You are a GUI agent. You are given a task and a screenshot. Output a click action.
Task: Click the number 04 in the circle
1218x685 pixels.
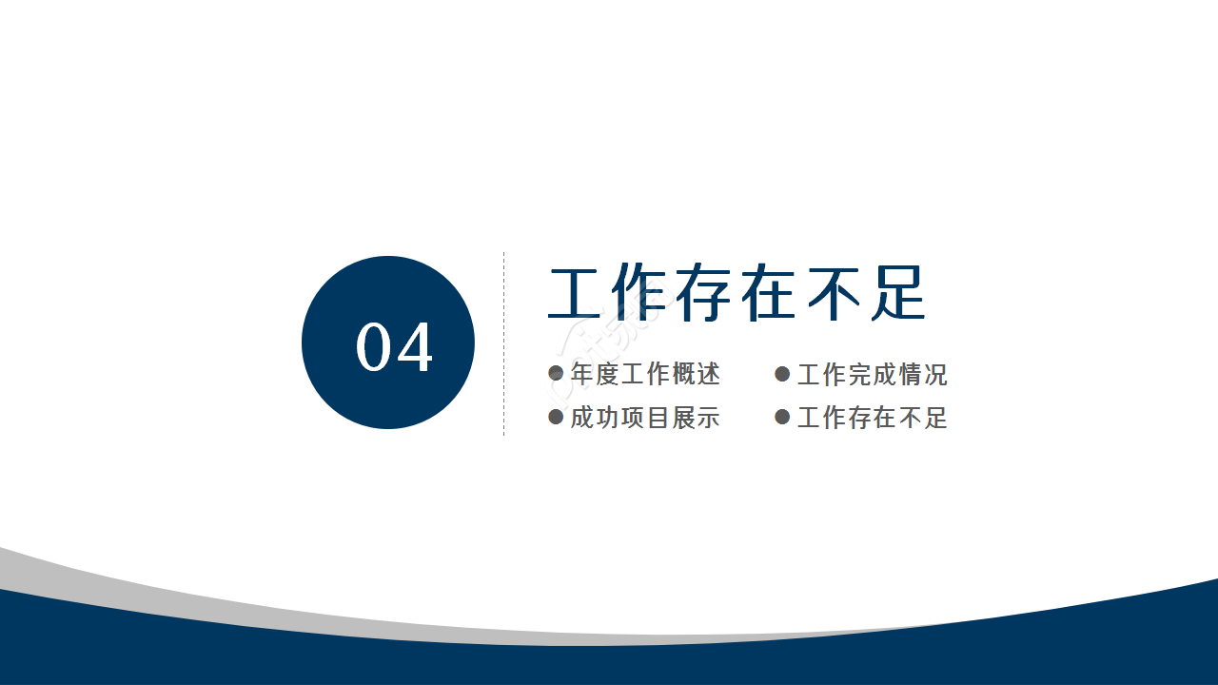pyautogui.click(x=394, y=347)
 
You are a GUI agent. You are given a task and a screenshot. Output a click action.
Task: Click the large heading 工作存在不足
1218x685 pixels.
pyautogui.click(x=737, y=294)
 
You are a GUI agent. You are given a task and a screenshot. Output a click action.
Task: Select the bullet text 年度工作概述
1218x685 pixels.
pyautogui.click(x=645, y=374)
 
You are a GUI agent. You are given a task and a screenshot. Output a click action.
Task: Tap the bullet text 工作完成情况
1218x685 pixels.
pyautogui.click(x=872, y=374)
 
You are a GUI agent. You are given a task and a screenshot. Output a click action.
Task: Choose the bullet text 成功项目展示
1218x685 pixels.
pyautogui.click(x=645, y=417)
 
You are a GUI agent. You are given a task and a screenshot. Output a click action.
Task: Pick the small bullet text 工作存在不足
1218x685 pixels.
pyautogui.click(x=872, y=417)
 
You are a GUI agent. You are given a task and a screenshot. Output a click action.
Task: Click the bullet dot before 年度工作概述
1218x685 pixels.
pyautogui.click(x=557, y=374)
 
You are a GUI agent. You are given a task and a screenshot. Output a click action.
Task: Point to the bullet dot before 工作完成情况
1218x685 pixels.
pyautogui.click(x=783, y=374)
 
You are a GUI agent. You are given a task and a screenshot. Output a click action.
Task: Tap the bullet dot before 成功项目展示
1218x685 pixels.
pyautogui.click(x=557, y=417)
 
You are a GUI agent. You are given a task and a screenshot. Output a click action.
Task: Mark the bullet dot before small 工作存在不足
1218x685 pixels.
pyautogui.click(x=783, y=417)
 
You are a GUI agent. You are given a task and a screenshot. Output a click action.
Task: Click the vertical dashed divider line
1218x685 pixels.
pyautogui.click(x=503, y=342)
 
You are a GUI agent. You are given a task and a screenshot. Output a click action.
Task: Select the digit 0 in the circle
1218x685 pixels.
pyautogui.click(x=374, y=347)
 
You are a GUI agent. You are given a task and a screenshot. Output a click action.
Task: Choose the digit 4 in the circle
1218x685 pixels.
pyautogui.click(x=415, y=347)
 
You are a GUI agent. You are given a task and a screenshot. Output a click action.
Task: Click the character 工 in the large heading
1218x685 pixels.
pyautogui.click(x=578, y=294)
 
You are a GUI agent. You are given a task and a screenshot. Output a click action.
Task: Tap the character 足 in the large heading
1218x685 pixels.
pyautogui.click(x=896, y=294)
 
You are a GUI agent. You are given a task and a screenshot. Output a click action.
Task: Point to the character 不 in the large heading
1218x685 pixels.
pyautogui.click(x=833, y=294)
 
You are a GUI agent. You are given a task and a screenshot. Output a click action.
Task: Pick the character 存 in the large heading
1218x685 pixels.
pyautogui.click(x=705, y=294)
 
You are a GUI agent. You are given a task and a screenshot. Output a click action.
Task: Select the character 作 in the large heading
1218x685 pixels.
pyautogui.click(x=641, y=294)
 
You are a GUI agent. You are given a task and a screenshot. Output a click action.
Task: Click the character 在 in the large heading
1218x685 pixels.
pyautogui.click(x=769, y=294)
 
